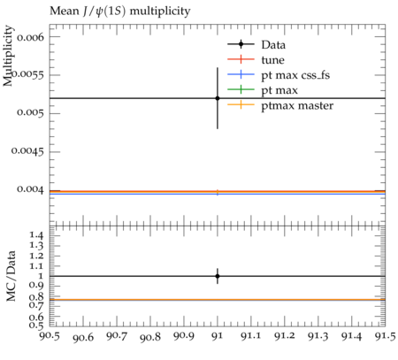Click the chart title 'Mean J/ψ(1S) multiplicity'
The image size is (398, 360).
119,11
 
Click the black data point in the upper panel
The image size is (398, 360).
218,98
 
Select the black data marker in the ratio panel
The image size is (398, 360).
218,276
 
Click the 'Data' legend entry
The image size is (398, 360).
273,45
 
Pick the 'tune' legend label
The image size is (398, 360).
272,60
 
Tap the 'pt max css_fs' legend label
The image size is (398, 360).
295,75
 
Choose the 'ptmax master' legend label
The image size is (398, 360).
297,105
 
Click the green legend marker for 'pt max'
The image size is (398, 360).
241,89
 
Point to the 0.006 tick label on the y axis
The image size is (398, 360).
30,37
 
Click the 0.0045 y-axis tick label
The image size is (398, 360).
27,151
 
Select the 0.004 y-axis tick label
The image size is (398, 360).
30,189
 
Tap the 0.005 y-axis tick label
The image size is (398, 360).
30,112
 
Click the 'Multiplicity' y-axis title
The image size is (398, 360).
8,56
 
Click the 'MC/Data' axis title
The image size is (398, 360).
11,276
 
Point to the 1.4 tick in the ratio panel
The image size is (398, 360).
37,235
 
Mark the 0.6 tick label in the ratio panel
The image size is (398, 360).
36,318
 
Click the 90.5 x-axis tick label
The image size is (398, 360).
50,335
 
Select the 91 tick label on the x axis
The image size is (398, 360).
218,336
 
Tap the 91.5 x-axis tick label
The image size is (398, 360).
385,336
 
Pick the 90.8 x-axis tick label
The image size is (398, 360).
150,337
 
